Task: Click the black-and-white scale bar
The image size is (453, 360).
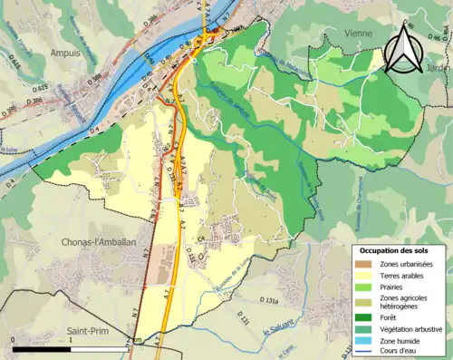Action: [x=72, y=349]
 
